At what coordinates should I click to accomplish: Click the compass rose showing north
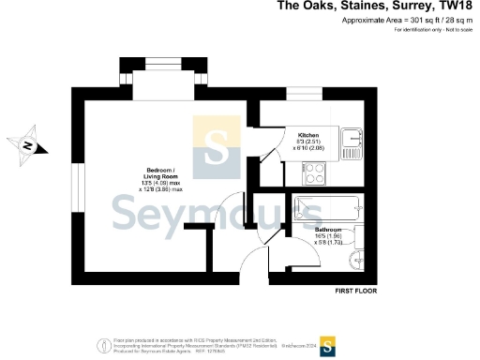click(x=29, y=145)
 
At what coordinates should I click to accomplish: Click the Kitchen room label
click(x=308, y=134)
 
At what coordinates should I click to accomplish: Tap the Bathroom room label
click(x=328, y=229)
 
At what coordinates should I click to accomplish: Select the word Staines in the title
click(x=351, y=7)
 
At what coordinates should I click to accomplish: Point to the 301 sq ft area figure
click(x=407, y=20)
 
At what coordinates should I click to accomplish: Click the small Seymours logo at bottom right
click(x=328, y=347)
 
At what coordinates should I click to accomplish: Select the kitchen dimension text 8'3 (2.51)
click(x=308, y=142)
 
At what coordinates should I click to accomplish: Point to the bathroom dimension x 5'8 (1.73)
click(x=328, y=243)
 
